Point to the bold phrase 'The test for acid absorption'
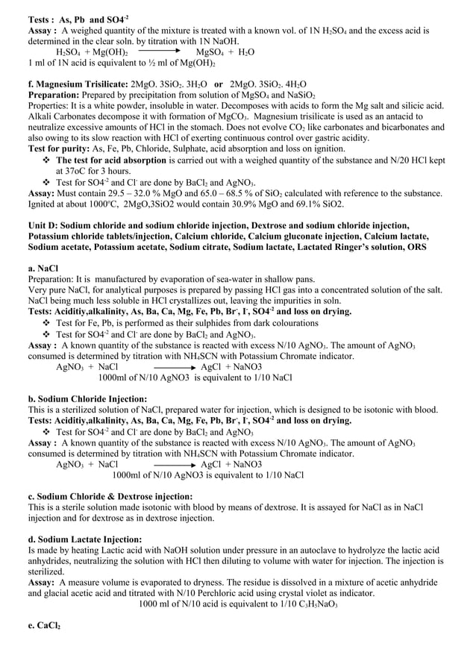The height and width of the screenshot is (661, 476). [119, 160]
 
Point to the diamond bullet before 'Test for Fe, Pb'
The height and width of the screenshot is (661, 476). [47, 323]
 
